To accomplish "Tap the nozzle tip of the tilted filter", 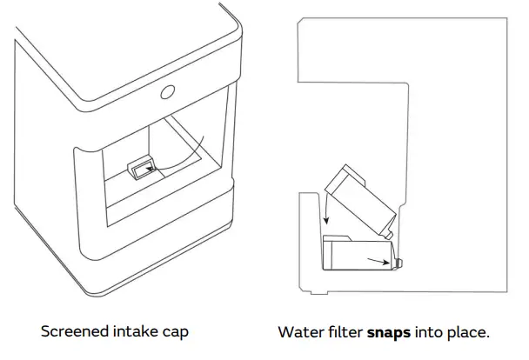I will point(391,234).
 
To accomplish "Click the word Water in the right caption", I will point(298,332).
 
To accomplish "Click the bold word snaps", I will point(392,332).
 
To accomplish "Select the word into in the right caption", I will point(435,332).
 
